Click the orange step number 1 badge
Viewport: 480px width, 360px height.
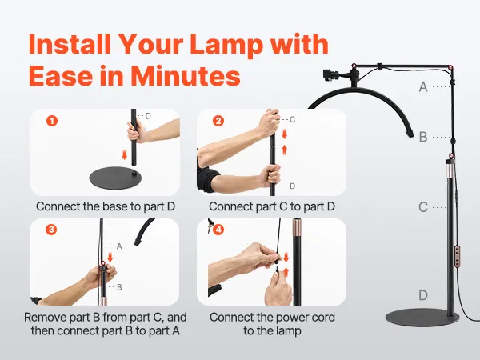point(52,121)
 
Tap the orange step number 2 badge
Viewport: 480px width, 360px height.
point(218,121)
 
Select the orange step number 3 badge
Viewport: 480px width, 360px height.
point(51,230)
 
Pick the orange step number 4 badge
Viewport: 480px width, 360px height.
point(218,230)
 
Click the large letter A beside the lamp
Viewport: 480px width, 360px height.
point(423,87)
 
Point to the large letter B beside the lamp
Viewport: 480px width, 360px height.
point(423,137)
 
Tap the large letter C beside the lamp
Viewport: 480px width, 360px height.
point(423,207)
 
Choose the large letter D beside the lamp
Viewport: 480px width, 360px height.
point(423,295)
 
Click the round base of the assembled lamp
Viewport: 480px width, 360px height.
point(422,318)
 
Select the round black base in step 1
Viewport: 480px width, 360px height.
point(116,178)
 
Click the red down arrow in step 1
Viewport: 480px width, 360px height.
point(124,154)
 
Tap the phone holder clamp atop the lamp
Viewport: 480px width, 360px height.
point(331,76)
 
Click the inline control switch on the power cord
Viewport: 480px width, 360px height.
point(458,256)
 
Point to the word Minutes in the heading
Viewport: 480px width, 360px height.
point(186,76)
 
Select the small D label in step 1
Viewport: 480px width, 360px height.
point(148,116)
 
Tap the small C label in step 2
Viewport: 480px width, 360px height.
point(292,119)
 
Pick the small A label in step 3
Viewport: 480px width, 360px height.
point(119,246)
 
